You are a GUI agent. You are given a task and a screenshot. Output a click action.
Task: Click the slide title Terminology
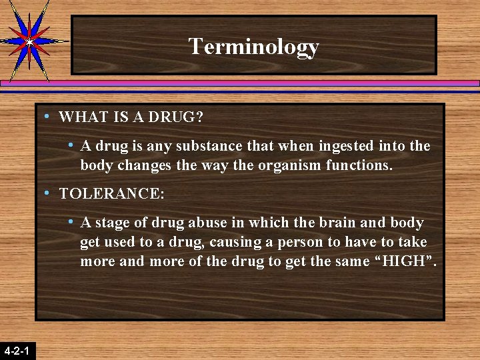click(x=253, y=47)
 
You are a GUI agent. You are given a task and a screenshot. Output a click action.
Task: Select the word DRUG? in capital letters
click(x=179, y=117)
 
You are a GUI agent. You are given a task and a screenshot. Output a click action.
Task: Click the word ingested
click(x=346, y=145)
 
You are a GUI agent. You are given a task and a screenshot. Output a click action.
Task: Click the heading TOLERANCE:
click(x=111, y=194)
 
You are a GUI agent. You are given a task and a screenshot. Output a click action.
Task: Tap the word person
click(x=313, y=241)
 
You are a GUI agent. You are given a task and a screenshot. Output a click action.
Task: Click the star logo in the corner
click(x=29, y=40)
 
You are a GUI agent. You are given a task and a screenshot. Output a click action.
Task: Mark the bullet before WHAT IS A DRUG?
click(x=47, y=117)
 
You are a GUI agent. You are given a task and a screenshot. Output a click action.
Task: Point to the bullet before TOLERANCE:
click(x=47, y=193)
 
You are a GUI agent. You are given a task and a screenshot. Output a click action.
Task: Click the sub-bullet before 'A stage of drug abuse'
click(x=70, y=221)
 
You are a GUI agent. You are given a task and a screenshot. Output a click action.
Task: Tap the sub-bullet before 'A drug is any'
click(x=70, y=145)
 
